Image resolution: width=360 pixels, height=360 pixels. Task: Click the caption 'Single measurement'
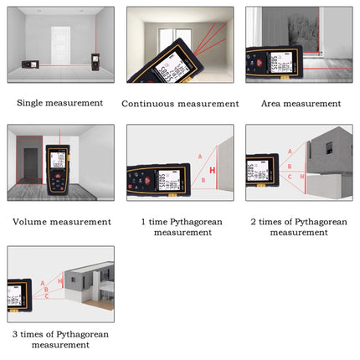point(60,103)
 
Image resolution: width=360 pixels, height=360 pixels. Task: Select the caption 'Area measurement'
point(299,104)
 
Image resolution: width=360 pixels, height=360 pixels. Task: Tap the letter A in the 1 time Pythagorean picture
point(199,157)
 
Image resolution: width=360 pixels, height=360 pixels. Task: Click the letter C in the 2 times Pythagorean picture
point(290,177)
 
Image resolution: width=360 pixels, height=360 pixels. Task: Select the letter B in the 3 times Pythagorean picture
point(46,290)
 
